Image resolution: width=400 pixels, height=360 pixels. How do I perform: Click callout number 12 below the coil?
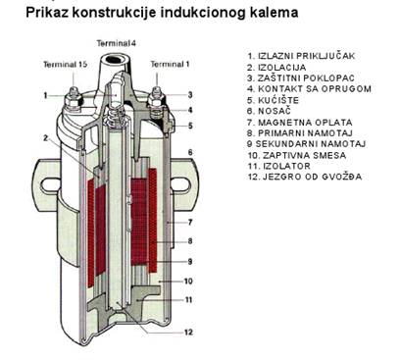[x=187, y=332]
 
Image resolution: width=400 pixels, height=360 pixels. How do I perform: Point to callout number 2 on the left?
[x=45, y=137]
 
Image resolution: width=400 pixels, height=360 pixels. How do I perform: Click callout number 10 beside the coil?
[x=189, y=280]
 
